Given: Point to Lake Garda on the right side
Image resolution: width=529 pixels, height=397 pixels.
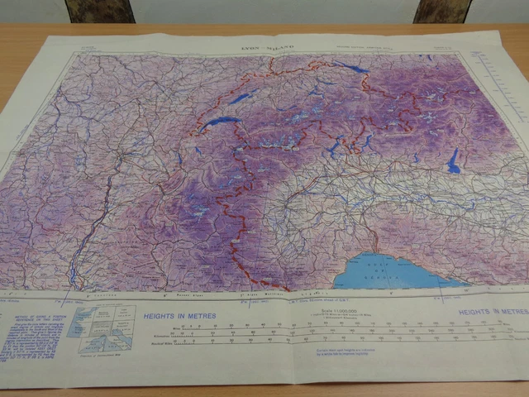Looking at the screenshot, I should (x=453, y=161).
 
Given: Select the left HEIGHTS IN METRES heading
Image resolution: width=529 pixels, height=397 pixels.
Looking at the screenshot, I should (x=179, y=316).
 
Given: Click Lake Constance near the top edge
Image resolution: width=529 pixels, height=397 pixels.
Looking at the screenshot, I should (x=352, y=66).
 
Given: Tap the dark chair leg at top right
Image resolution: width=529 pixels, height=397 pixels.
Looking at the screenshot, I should (x=442, y=11).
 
